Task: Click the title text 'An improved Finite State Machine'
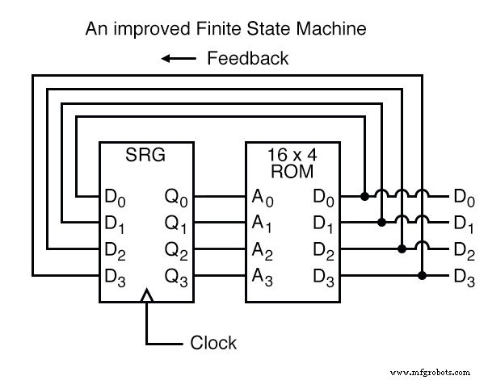tap(226, 30)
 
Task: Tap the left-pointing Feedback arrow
tap(178, 58)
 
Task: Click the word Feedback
tap(248, 58)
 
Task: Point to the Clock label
tap(213, 343)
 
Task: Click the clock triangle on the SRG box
tap(146, 297)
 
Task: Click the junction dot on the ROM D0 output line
tap(364, 195)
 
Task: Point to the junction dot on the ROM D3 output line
tap(422, 274)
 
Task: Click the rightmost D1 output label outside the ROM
tap(464, 223)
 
